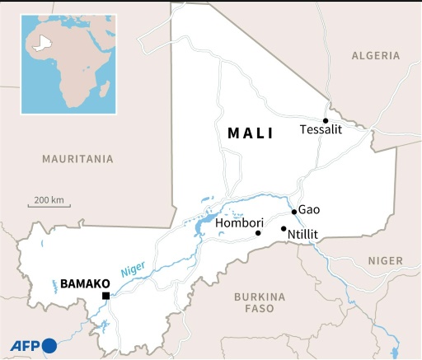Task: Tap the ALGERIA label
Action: pyautogui.click(x=375, y=55)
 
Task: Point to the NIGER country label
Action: pyautogui.click(x=385, y=260)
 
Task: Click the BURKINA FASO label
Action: pyautogui.click(x=259, y=303)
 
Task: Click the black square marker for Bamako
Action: pyautogui.click(x=105, y=296)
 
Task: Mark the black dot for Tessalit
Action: pyautogui.click(x=326, y=120)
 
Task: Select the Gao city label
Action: pyautogui.click(x=308, y=210)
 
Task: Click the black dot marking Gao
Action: pyautogui.click(x=294, y=212)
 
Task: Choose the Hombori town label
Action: pyautogui.click(x=237, y=223)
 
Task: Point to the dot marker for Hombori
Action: pyautogui.click(x=259, y=233)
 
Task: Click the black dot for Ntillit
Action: pyautogui.click(x=284, y=228)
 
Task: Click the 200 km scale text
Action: pyautogui.click(x=49, y=200)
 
